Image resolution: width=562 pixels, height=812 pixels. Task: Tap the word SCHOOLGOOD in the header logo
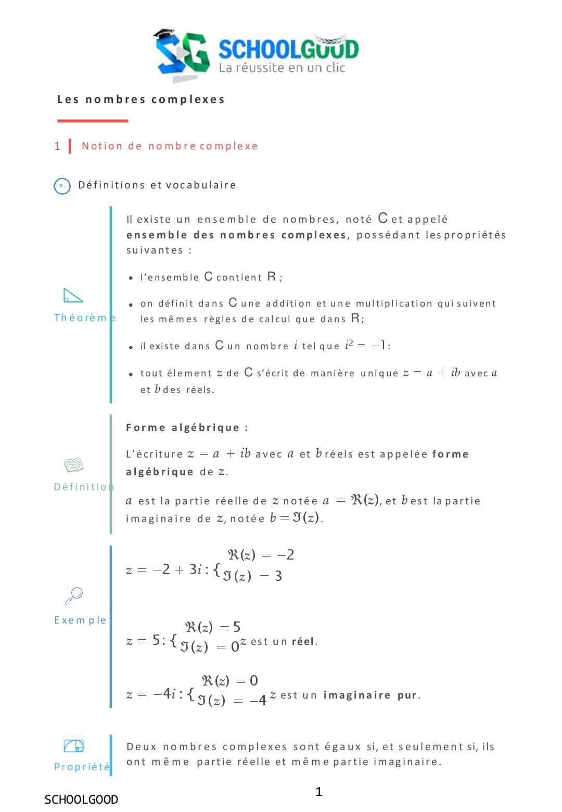[x=288, y=49]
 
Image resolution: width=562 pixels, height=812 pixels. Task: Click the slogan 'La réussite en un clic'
[x=282, y=68]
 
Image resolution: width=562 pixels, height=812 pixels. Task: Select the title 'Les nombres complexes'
[x=141, y=99]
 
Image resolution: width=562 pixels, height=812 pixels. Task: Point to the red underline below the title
[x=93, y=121]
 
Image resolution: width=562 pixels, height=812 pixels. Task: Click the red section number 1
[x=57, y=146]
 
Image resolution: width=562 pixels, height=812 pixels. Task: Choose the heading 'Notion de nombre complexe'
[x=170, y=146]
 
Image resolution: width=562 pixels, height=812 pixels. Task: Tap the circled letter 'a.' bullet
[x=62, y=186]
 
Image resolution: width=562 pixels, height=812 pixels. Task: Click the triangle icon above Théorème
[x=73, y=295]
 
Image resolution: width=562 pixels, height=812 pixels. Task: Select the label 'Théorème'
[x=83, y=318]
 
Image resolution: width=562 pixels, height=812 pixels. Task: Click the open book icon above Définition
[x=74, y=464]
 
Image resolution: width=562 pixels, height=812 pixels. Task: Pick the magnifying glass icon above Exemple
[x=74, y=595]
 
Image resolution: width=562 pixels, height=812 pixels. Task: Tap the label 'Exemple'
[x=80, y=620]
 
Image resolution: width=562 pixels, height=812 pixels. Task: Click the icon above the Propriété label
[x=74, y=746]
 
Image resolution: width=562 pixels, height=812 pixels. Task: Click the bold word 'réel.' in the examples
[x=304, y=641]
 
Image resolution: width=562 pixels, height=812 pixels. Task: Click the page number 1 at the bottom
[x=319, y=792]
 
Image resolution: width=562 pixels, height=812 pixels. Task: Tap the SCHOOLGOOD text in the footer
[x=81, y=800]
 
